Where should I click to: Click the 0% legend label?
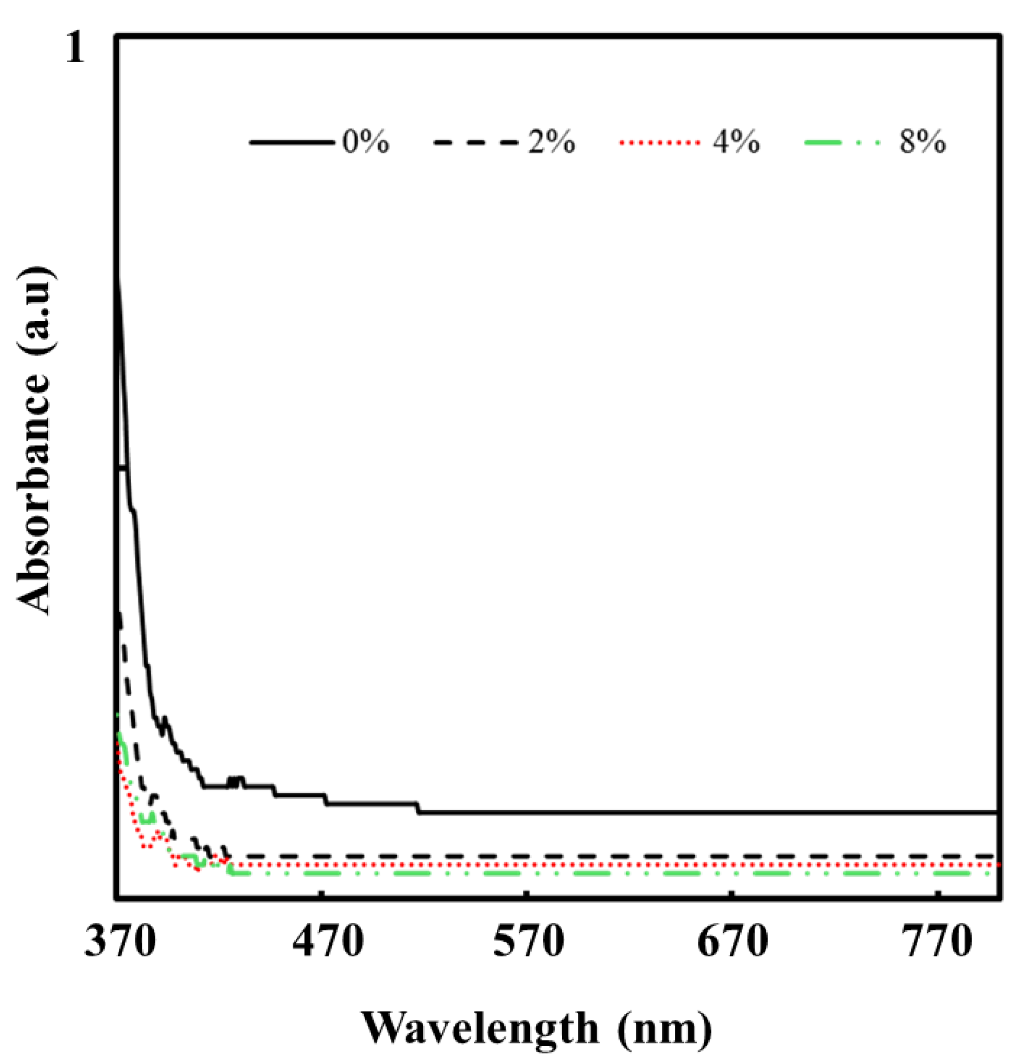[x=366, y=143]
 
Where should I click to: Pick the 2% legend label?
[x=551, y=143]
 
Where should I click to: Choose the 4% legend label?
[x=736, y=143]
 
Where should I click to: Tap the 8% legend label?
[x=923, y=143]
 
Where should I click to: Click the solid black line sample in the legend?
[x=292, y=143]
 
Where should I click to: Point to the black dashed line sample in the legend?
[x=476, y=143]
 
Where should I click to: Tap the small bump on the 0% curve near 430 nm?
[x=235, y=781]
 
